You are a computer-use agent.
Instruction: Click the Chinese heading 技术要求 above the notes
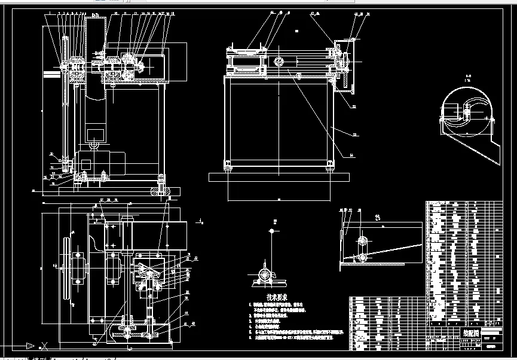pyautogui.click(x=277, y=297)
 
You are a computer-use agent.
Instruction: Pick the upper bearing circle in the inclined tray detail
pyautogui.click(x=362, y=240)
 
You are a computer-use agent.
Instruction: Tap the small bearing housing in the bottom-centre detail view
pyautogui.click(x=264, y=276)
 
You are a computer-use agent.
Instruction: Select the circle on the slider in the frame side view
pyautogui.click(x=279, y=61)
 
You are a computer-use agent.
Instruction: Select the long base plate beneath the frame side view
pyautogui.click(x=279, y=177)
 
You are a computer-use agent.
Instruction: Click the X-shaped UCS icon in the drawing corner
pyautogui.click(x=43, y=345)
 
